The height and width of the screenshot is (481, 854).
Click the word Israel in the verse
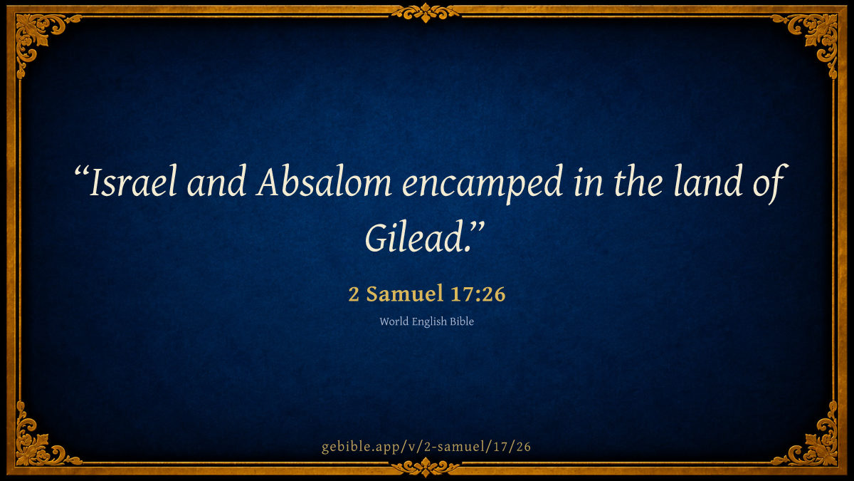point(133,182)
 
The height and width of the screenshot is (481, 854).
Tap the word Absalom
point(324,182)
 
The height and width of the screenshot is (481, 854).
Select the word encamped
point(483,185)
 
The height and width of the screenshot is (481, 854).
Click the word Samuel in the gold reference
point(404,294)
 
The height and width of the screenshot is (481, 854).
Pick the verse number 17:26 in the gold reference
point(478,294)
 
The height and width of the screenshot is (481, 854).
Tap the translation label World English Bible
point(426,321)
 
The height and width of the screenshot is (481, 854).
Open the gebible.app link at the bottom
point(426,447)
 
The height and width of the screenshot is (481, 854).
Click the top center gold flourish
point(426,13)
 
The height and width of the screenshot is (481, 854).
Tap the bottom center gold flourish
point(426,467)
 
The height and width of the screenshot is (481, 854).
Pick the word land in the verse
point(708,182)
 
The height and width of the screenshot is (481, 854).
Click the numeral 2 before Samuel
point(354,294)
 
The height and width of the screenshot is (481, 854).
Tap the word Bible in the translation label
point(462,321)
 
